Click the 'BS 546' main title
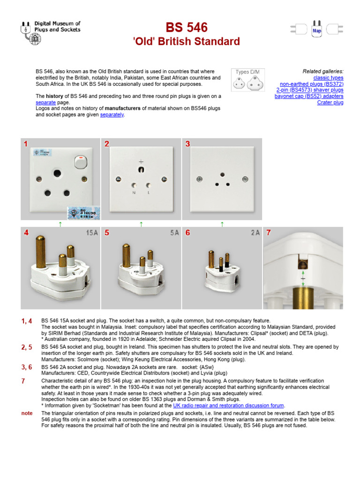click(x=186, y=27)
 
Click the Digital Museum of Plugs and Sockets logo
click(x=51, y=31)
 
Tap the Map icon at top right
click(x=317, y=30)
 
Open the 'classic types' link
click(x=328, y=78)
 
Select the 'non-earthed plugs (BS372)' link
click(x=311, y=84)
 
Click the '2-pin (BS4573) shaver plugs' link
click(x=309, y=90)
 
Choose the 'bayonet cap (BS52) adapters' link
click(x=309, y=96)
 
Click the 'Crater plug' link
click(x=330, y=102)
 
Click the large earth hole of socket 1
click(x=57, y=173)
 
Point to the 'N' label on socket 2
click(x=134, y=193)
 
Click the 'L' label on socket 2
click(x=148, y=193)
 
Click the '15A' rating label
click(x=92, y=233)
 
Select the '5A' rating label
click(x=174, y=233)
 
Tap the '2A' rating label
click(x=255, y=233)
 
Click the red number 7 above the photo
click(x=269, y=233)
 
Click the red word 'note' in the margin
click(x=27, y=413)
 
